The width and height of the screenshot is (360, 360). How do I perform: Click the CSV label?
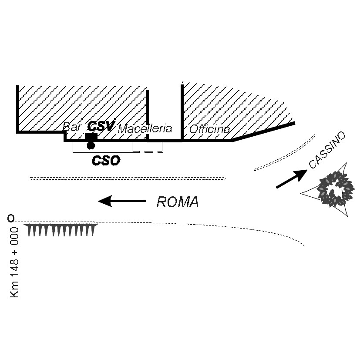[101, 126]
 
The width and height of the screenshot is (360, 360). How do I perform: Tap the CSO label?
[106, 161]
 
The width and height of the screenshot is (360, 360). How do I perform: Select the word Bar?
[72, 127]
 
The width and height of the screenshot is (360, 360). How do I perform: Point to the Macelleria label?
[145, 129]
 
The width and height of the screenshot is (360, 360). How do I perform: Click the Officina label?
[209, 129]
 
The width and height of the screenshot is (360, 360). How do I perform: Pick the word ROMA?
[177, 202]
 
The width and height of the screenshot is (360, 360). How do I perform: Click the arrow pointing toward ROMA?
[122, 201]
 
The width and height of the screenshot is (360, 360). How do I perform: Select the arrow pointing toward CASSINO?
[291, 179]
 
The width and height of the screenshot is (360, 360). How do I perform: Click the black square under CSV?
[91, 137]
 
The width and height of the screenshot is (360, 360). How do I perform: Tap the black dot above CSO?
[91, 145]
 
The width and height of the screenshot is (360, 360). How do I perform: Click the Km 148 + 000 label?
[15, 262]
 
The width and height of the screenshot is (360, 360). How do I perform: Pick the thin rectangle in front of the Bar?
[103, 147]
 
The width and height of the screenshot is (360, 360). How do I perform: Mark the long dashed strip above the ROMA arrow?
[127, 178]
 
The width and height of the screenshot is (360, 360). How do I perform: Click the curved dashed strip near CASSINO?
[285, 152]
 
